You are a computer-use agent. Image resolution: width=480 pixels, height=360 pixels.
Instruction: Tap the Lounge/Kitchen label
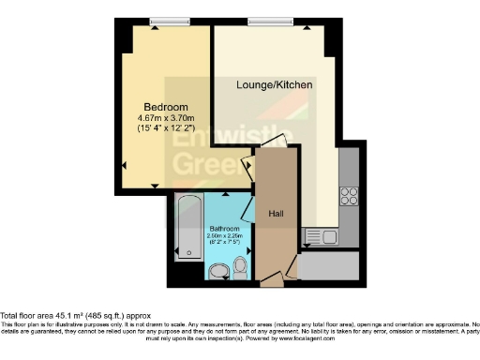[x=274, y=85]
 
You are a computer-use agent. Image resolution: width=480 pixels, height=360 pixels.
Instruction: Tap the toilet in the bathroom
[x=240, y=266]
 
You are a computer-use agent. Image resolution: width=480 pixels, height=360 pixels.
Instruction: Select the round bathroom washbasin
[x=219, y=272]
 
